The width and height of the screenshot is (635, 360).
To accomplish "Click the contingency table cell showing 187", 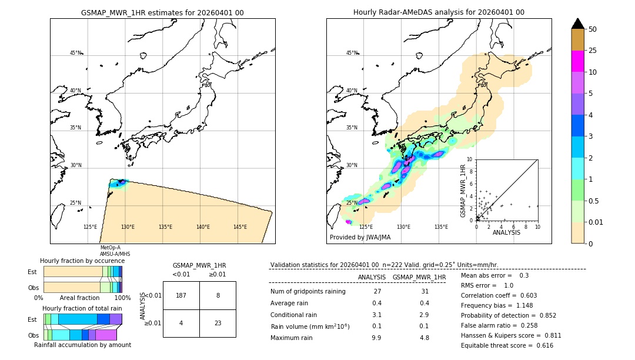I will [181, 295].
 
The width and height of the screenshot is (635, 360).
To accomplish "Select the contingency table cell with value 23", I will [218, 323].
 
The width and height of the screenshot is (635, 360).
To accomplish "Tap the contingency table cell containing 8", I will [218, 295].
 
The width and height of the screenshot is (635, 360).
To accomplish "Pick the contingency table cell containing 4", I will [181, 323].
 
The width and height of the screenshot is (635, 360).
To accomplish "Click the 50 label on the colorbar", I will [593, 29].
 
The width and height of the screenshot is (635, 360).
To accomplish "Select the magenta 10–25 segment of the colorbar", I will [578, 61].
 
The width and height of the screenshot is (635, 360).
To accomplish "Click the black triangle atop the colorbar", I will [578, 24].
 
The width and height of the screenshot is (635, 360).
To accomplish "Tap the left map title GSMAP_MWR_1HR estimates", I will [162, 12].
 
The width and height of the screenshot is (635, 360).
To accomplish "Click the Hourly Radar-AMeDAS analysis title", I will [439, 12].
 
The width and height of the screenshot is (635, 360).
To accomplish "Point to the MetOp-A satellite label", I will [110, 248].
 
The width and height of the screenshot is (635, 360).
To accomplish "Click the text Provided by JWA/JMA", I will [360, 237].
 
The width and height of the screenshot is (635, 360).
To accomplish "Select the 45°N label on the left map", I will [76, 53].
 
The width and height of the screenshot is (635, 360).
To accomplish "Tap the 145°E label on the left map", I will [240, 227].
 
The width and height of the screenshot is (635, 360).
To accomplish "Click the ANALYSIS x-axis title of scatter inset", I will [507, 233].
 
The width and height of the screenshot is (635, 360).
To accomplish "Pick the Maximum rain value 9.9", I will [376, 338].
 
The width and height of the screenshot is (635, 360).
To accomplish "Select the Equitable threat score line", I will [507, 345].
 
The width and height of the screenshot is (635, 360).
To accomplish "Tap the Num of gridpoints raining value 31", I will [425, 292].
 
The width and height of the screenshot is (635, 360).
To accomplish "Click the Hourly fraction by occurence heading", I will [82, 261].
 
